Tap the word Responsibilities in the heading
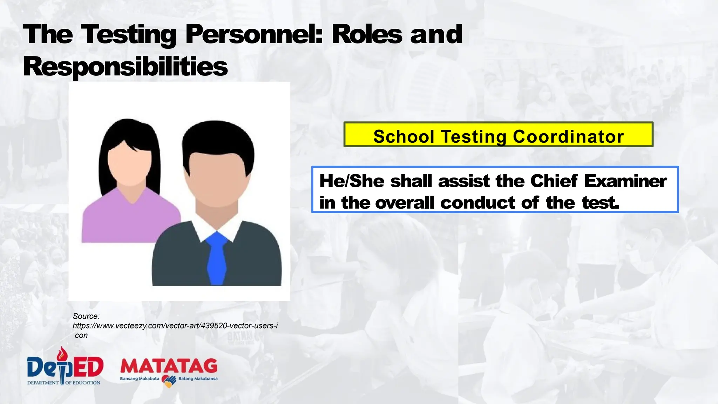[125, 67]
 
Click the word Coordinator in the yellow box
[568, 136]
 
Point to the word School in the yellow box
[404, 136]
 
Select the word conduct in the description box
[478, 203]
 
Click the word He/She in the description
[352, 181]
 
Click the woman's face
[130, 165]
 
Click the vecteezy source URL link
[175, 326]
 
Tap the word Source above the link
[86, 316]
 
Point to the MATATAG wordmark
[169, 366]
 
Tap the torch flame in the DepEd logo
[62, 352]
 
